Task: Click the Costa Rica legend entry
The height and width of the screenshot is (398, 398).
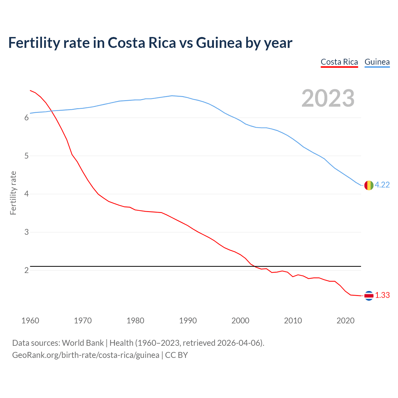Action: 339,62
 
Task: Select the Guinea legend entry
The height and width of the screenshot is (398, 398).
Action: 377,62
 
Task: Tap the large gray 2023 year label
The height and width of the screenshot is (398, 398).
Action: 328,98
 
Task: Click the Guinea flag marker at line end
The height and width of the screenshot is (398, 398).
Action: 368,185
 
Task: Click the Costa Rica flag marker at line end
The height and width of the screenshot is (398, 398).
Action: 368,296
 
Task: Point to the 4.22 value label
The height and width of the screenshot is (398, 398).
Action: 382,185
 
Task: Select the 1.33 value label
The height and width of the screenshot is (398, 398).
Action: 382,295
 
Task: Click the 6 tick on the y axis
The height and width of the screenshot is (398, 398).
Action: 26,118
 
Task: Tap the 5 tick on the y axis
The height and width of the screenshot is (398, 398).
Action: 26,156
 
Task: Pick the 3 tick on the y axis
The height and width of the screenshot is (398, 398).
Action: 26,232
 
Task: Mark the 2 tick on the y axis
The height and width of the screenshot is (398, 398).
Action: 26,271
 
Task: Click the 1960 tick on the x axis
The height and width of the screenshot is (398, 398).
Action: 30,321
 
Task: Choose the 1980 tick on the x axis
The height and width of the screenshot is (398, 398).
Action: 135,321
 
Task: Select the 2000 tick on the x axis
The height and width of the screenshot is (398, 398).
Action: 240,321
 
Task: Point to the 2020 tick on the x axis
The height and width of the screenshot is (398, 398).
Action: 345,321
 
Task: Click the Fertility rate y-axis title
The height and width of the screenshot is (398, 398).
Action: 13,193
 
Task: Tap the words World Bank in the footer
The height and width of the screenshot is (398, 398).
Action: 83,343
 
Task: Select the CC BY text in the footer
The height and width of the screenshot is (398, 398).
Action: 176,355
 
